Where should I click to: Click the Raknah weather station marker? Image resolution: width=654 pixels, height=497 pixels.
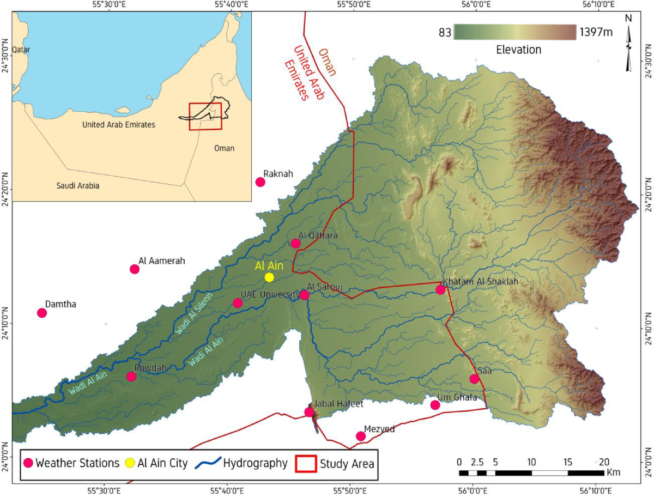(261, 182)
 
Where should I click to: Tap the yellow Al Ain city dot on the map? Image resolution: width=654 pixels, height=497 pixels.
(269, 277)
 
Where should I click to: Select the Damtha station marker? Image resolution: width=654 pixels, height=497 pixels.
(42, 312)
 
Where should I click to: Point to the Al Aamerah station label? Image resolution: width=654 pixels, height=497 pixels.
(162, 261)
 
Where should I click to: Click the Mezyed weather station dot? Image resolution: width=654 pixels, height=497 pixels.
(360, 436)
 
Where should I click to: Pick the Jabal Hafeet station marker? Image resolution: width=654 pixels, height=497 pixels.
(309, 412)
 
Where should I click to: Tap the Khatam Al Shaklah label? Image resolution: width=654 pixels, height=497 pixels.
(480, 282)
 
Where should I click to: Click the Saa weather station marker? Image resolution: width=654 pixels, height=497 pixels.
(474, 379)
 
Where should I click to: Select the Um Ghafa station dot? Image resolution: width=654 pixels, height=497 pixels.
(435, 405)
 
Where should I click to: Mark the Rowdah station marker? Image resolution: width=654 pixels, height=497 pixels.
(131, 377)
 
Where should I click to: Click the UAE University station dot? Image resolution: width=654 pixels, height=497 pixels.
(238, 303)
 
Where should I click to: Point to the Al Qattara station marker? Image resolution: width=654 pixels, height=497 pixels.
(295, 243)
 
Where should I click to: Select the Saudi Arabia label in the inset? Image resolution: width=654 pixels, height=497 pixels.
(78, 186)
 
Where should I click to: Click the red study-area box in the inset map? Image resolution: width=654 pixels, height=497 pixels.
(205, 116)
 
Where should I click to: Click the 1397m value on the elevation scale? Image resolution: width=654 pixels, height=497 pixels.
(596, 32)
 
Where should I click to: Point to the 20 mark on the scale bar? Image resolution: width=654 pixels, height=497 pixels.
(603, 462)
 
